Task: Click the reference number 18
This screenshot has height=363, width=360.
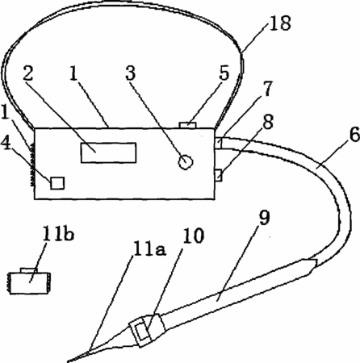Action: point(280,23)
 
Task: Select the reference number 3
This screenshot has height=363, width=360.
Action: point(131,73)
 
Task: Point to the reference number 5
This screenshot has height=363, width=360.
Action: point(224,73)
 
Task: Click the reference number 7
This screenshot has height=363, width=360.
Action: point(267,88)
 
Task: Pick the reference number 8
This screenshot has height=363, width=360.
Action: point(268,122)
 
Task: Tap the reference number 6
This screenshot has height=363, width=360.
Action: point(354,134)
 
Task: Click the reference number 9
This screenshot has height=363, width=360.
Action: point(264,217)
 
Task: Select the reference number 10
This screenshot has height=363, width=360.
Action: point(193,236)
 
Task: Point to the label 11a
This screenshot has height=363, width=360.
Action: point(149,249)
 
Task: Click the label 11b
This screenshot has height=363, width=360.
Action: point(58,234)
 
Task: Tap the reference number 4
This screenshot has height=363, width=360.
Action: point(6,143)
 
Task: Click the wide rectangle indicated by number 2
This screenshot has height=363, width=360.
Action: point(108,152)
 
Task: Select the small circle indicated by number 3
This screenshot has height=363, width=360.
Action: point(186,162)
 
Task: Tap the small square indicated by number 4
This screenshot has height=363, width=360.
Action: point(57,183)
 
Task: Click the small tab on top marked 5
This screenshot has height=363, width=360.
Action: point(188,125)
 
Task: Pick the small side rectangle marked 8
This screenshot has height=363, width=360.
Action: point(218,175)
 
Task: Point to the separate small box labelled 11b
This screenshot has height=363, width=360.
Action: point(29,283)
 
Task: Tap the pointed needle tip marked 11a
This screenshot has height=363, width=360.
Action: point(69,361)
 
